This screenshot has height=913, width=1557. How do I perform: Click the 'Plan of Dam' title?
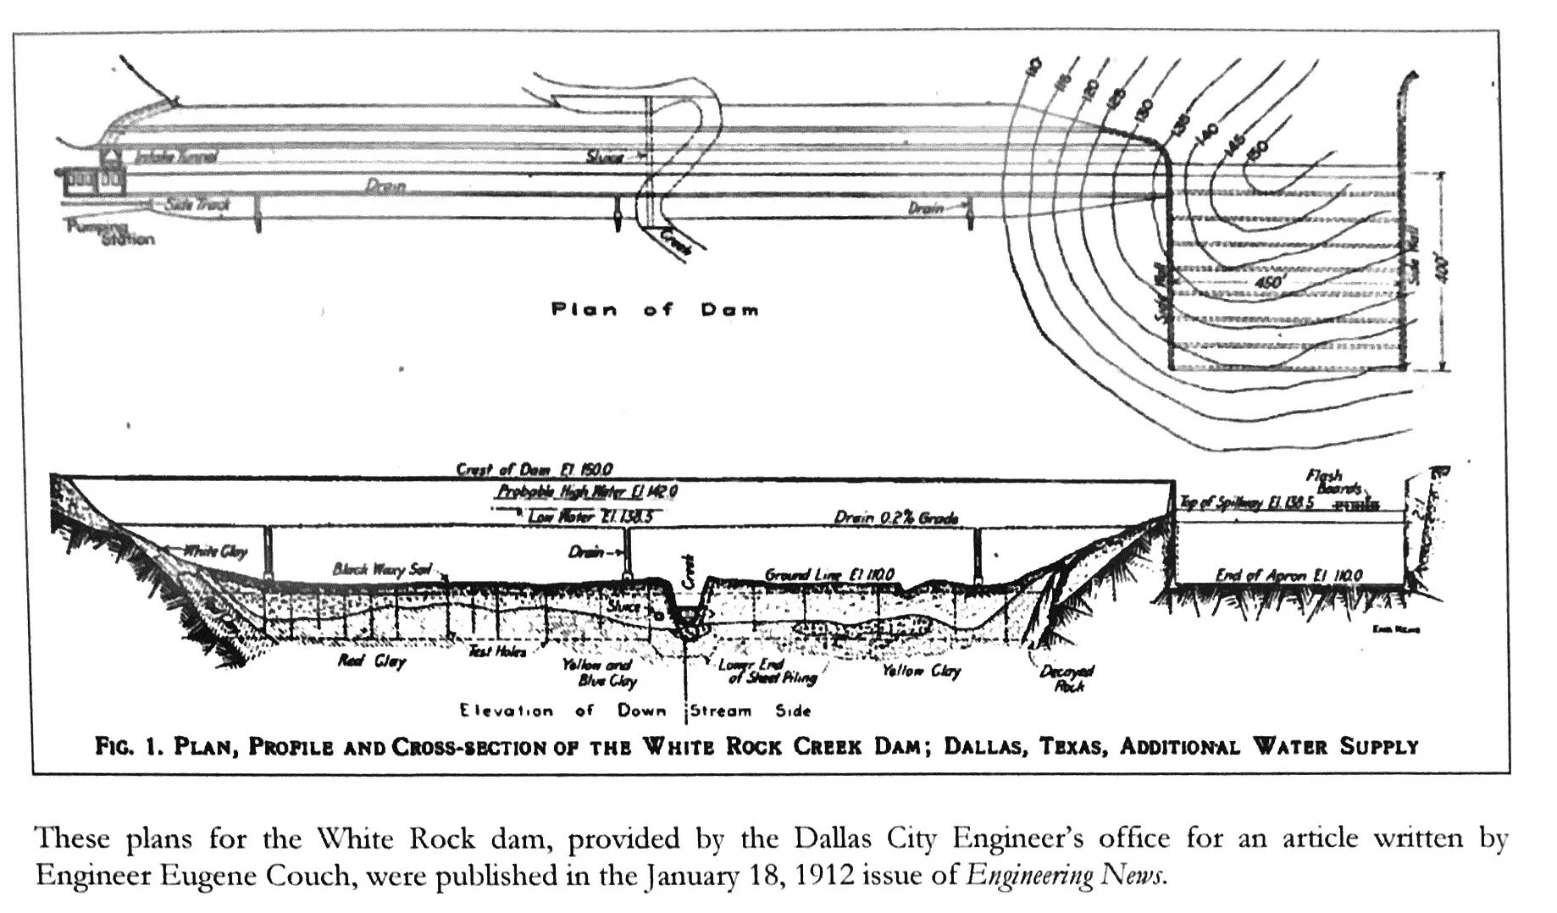[x=655, y=309]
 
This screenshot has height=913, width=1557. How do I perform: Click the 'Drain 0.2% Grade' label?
[x=895, y=517]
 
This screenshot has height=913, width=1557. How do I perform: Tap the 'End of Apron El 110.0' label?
[x=1288, y=575]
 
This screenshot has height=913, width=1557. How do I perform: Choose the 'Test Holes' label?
[x=497, y=651]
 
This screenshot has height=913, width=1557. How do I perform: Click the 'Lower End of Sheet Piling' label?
[x=767, y=671]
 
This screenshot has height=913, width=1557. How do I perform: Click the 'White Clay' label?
[x=215, y=552]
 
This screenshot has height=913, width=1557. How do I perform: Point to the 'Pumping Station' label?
[x=108, y=234]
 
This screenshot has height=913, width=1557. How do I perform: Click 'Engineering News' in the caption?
[x=1066, y=875]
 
